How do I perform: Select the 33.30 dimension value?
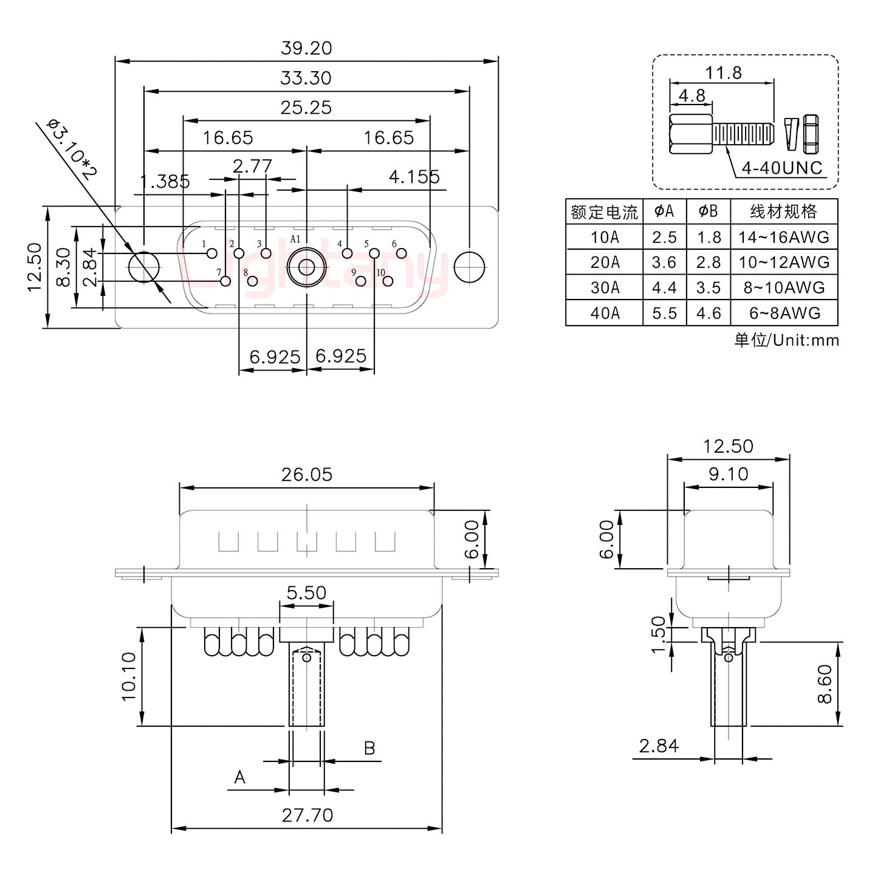tap(306, 78)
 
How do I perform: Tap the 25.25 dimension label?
tap(306, 108)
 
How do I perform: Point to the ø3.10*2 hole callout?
tap(71, 149)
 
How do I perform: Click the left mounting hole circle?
tap(144, 267)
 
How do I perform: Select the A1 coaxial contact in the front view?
tap(306, 267)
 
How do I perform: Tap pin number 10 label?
tap(381, 273)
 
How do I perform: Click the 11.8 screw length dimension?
tap(723, 73)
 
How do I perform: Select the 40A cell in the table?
tap(605, 313)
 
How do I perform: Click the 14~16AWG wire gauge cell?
tap(784, 237)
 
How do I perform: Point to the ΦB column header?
tap(709, 211)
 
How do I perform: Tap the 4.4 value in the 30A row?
tap(664, 287)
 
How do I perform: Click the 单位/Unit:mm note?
tap(786, 340)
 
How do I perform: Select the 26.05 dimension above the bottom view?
tap(307, 475)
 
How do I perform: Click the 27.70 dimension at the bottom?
tap(307, 815)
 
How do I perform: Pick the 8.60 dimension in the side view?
tap(824, 684)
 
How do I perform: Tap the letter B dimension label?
tap(369, 748)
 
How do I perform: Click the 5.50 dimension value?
tap(306, 592)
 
